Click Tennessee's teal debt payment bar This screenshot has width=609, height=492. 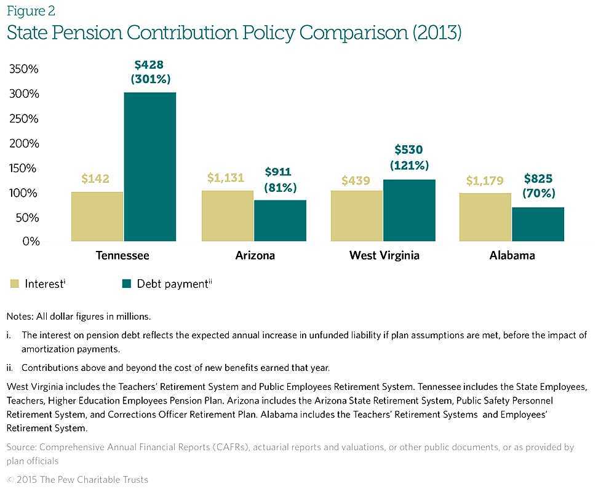149,167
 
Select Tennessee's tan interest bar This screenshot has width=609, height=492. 97,216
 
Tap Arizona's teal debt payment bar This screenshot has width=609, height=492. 280,220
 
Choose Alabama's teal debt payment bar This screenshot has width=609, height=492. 538,224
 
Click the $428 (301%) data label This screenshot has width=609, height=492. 150,71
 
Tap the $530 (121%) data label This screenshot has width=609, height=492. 409,157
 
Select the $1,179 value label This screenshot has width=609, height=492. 485,181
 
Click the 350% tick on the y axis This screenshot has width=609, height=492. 24,69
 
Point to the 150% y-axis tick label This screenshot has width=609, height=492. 24,168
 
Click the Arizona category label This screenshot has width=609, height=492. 255,255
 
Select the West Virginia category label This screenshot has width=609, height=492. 384,255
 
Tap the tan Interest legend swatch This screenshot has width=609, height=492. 14,284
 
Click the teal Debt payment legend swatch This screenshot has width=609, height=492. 127,284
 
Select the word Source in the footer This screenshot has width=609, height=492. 21,447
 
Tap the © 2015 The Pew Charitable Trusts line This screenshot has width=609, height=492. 78,480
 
